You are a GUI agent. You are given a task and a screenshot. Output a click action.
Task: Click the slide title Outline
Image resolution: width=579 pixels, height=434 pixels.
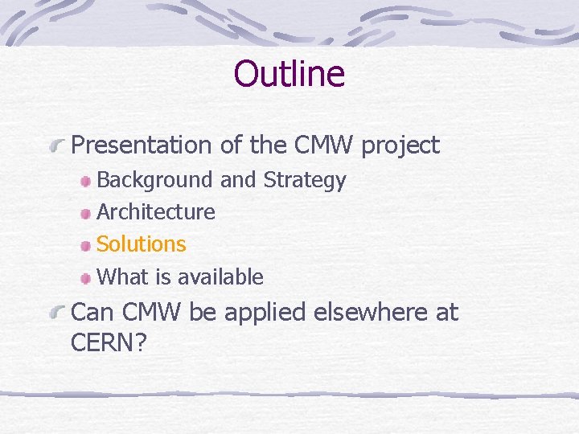(x=289, y=74)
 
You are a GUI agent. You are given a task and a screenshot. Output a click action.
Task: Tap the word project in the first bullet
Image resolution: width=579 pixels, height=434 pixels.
(x=400, y=146)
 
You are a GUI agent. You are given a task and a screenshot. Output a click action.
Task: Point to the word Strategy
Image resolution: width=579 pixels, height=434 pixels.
(x=305, y=181)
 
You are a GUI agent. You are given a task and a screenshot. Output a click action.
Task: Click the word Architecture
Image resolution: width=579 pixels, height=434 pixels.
(x=156, y=212)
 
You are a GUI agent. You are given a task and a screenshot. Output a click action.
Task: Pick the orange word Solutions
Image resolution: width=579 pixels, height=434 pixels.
(x=142, y=244)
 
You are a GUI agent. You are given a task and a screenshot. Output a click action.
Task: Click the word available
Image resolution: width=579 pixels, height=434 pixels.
(x=220, y=277)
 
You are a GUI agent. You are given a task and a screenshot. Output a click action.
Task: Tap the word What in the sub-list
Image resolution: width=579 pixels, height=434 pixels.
(x=122, y=277)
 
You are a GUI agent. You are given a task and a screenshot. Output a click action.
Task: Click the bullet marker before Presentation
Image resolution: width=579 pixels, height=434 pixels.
(x=57, y=147)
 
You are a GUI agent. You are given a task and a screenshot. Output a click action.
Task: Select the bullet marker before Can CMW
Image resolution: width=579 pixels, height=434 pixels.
(x=57, y=313)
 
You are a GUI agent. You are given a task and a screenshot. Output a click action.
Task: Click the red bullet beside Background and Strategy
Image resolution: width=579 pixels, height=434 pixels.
(x=85, y=182)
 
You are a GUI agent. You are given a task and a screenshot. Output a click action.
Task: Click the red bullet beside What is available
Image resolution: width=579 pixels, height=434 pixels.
(x=85, y=279)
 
